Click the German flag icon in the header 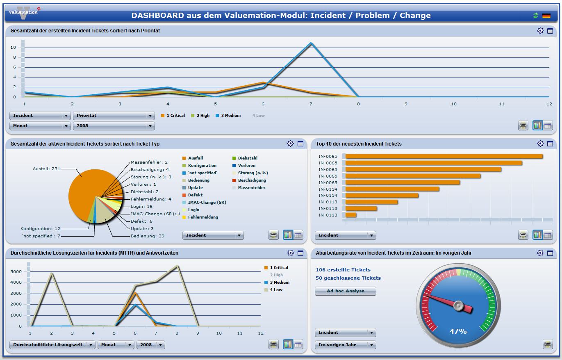click(546, 16)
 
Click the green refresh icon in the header click(535, 16)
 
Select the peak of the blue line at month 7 click(311, 43)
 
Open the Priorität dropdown click(114, 116)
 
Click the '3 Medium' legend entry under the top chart click(228, 116)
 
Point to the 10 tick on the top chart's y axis click(13, 48)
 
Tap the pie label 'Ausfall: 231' click(46, 169)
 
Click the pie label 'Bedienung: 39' click(148, 236)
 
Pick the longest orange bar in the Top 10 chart click(444, 156)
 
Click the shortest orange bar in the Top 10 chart click(351, 215)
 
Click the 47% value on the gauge click(458, 331)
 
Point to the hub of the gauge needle click(458, 305)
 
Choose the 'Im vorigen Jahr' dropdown click(345, 345)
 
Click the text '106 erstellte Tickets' click(343, 270)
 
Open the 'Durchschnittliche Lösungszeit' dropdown click(52, 345)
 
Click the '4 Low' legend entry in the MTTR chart click(275, 290)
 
